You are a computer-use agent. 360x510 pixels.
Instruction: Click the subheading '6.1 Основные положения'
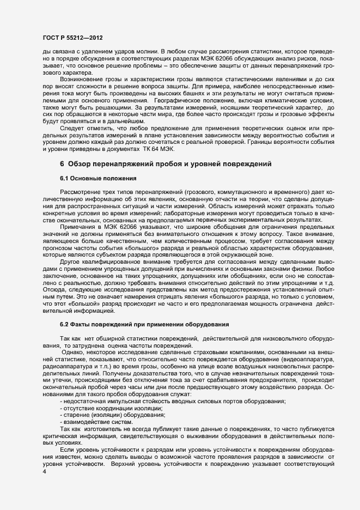tap(93, 179)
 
